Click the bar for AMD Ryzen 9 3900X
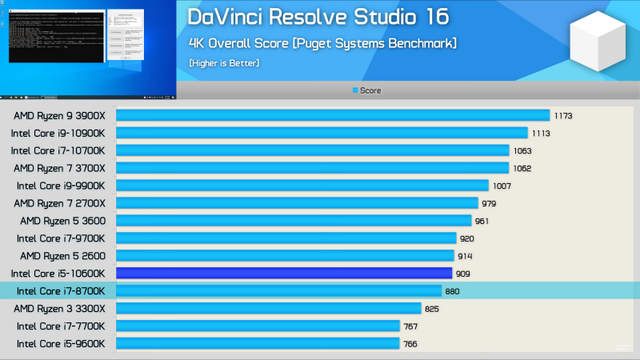(333, 115)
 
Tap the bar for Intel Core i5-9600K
(258, 343)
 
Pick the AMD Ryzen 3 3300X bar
(269, 308)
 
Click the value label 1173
(563, 116)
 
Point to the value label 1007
(502, 186)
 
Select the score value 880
(453, 291)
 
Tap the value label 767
(410, 326)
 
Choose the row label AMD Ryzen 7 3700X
(65, 168)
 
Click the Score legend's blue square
(355, 90)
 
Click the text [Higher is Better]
(224, 62)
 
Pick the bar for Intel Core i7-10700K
(313, 150)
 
